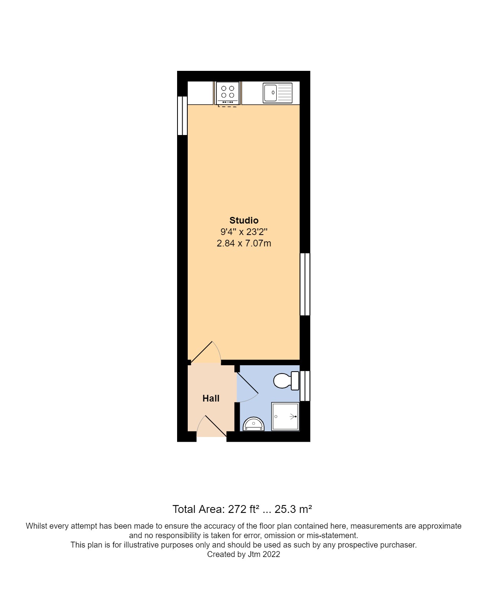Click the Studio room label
[244, 220]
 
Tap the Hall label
[211, 398]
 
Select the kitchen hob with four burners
[227, 93]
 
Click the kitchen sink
[277, 93]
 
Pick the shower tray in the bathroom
[285, 416]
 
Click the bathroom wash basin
[253, 424]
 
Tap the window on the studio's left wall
[182, 116]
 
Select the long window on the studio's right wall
[305, 284]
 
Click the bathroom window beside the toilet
[305, 386]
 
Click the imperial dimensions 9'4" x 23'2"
[244, 232]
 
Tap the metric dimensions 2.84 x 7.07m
[244, 243]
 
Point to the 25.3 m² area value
[293, 509]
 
